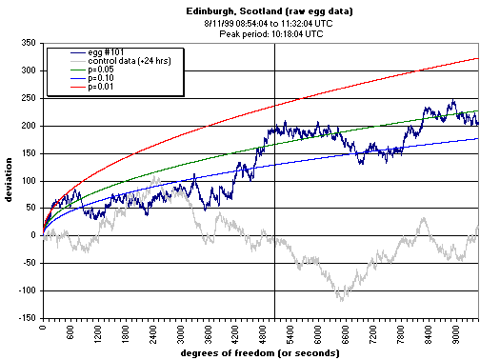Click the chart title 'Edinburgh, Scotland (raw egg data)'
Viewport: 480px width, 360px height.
coord(256,10)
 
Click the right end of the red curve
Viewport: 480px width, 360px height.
coord(478,57)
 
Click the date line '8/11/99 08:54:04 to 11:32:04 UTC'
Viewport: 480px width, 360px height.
coord(256,21)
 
